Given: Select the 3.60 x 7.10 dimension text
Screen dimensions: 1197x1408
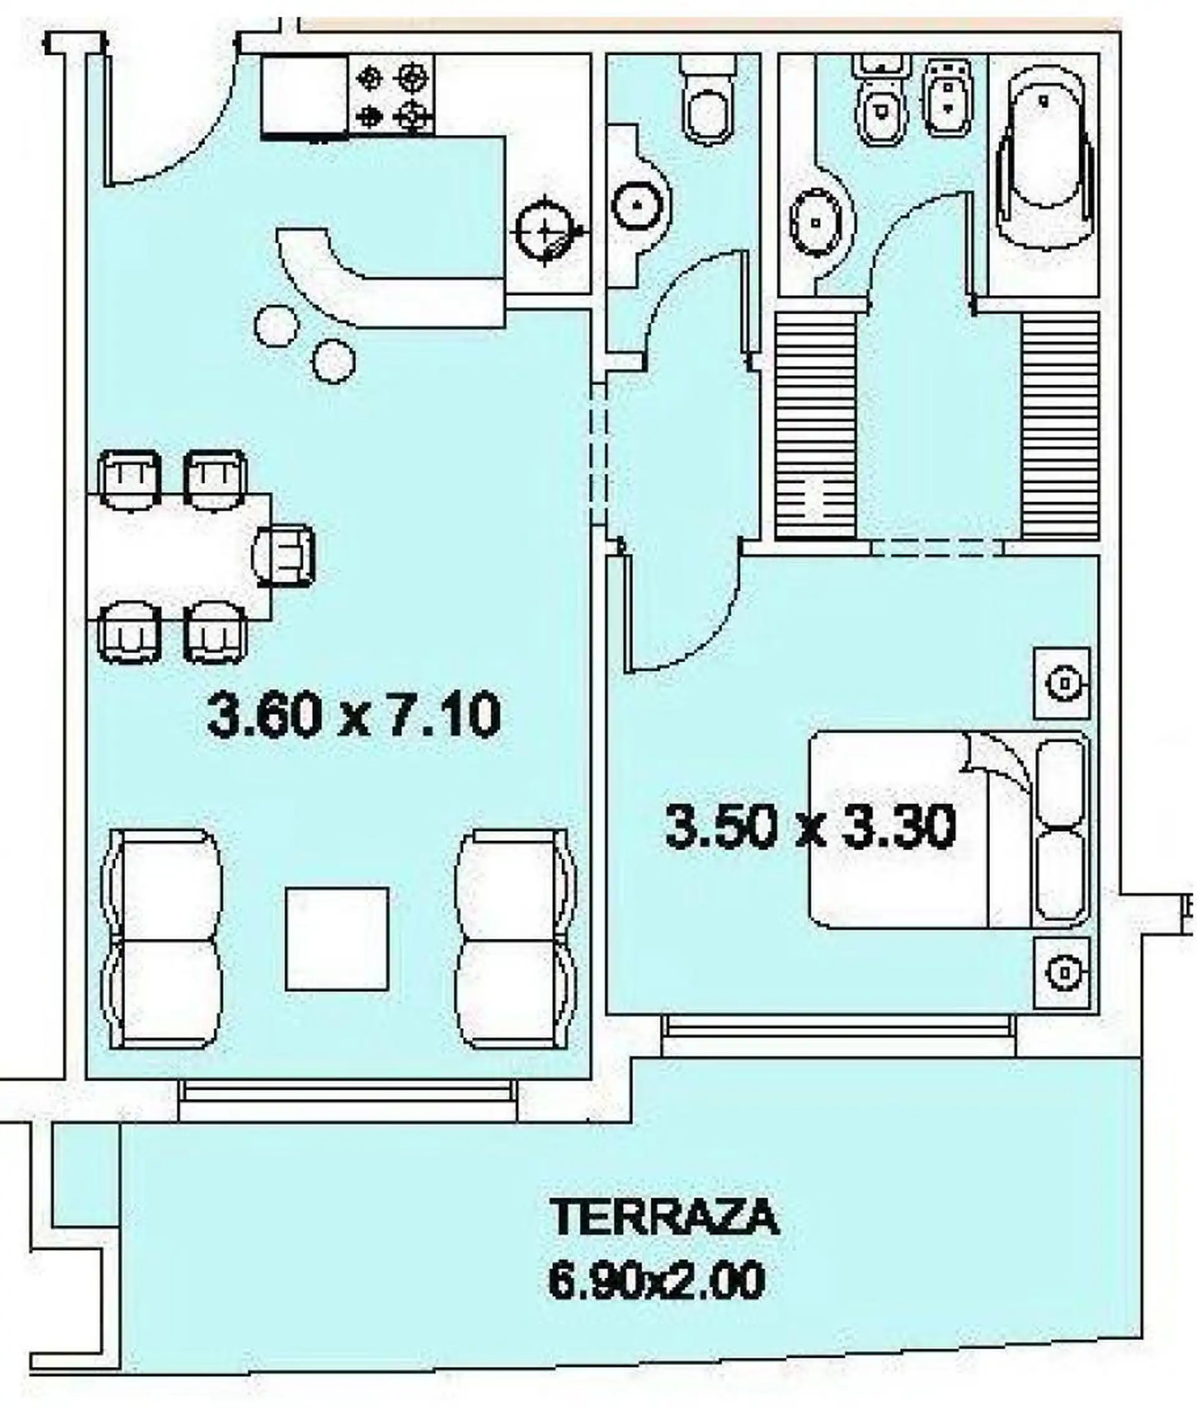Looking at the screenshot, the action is (354, 715).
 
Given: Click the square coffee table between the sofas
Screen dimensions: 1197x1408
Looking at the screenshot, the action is (337, 939).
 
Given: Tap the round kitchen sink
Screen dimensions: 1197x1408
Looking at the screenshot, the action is (545, 231).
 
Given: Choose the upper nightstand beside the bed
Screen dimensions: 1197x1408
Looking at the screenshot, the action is (1062, 683).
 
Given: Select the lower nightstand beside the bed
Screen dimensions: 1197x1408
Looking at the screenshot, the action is (1062, 973).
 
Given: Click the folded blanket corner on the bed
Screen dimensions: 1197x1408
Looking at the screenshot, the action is (997, 760).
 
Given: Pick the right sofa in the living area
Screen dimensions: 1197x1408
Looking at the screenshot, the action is (516, 939).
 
